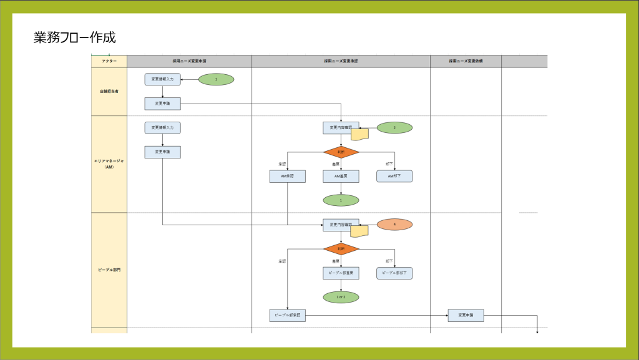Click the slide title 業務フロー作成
pyautogui.click(x=74, y=37)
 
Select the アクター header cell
pyautogui.click(x=109, y=61)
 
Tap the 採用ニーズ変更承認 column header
pyautogui.click(x=341, y=61)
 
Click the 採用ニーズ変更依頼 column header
pyautogui.click(x=466, y=61)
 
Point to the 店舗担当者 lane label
pyautogui.click(x=109, y=91)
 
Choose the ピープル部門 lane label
pyautogui.click(x=109, y=270)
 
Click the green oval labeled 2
pyautogui.click(x=394, y=127)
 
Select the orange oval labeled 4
pyautogui.click(x=394, y=224)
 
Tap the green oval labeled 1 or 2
pyautogui.click(x=341, y=297)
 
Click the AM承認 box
pyautogui.click(x=288, y=176)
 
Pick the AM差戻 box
pyautogui.click(x=341, y=176)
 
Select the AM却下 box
pyautogui.click(x=394, y=176)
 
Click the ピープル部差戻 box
pyautogui.click(x=341, y=273)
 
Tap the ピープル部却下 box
pyautogui.click(x=394, y=273)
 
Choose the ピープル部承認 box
pyautogui.click(x=288, y=315)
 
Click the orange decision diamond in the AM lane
pyautogui.click(x=341, y=152)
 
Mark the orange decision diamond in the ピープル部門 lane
pyautogui.click(x=341, y=248)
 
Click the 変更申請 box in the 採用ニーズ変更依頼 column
pyautogui.click(x=466, y=315)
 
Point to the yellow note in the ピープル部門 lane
pyautogui.click(x=359, y=231)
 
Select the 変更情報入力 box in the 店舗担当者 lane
pyautogui.click(x=162, y=79)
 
